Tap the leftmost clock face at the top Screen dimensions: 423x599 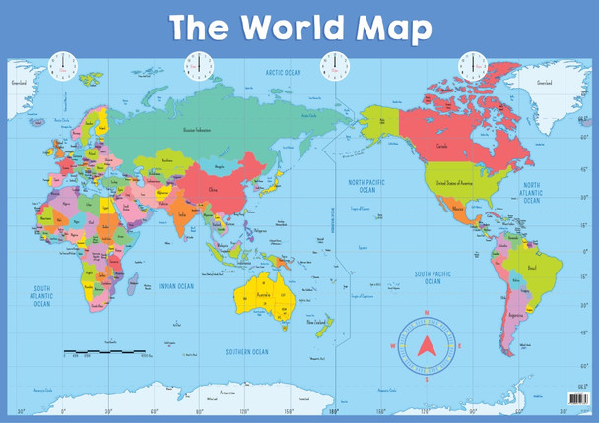tap(63, 66)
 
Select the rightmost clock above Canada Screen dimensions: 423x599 tap(472, 66)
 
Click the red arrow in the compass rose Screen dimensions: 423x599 tap(426, 344)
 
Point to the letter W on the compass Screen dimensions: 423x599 tap(393, 345)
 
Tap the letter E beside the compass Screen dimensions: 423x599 tap(459, 345)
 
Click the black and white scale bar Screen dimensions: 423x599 tap(104, 350)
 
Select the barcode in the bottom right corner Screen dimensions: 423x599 tap(576, 400)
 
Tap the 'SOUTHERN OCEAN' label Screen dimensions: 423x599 tap(247, 351)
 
